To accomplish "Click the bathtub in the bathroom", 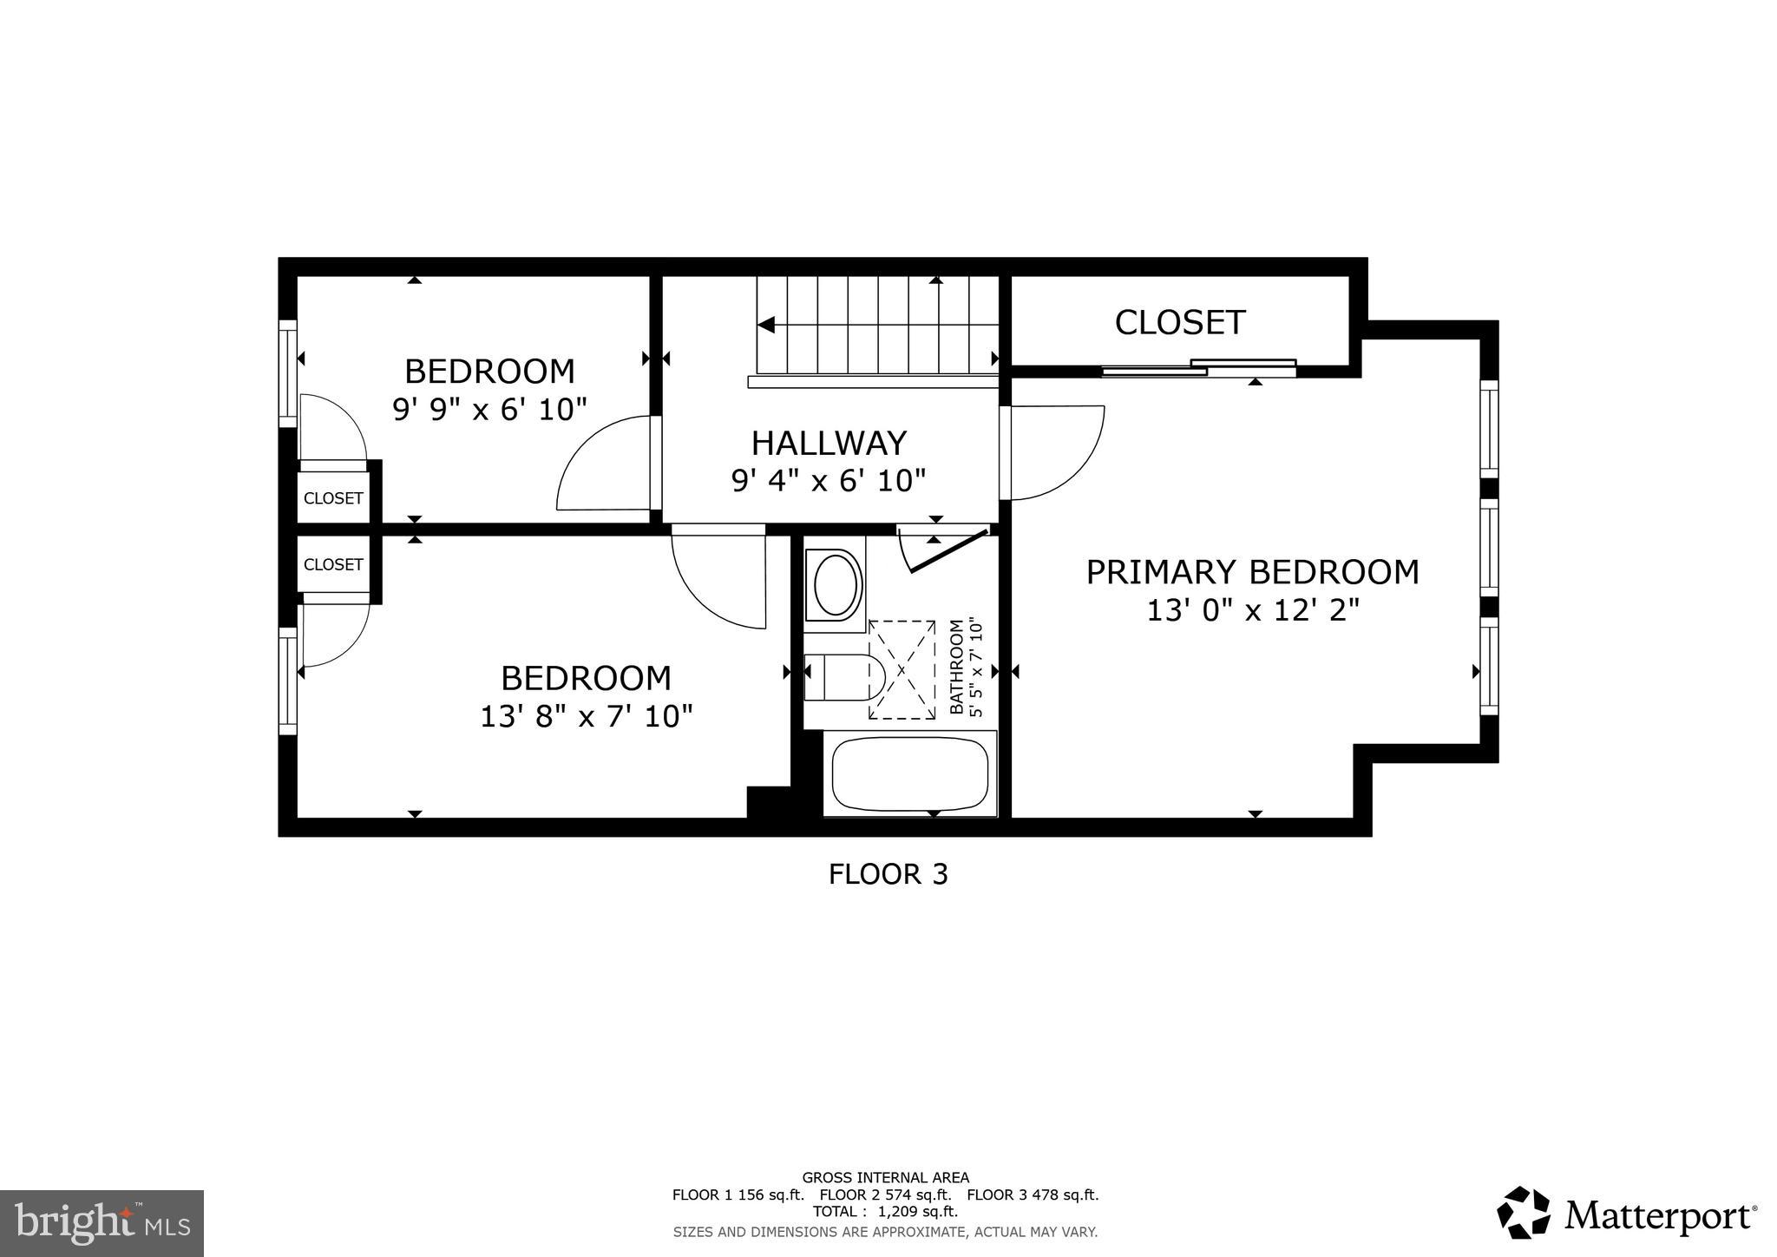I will click(909, 773).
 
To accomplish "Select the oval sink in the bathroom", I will click(835, 584).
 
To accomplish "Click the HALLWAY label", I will click(829, 444).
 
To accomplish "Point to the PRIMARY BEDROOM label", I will click(1252, 572).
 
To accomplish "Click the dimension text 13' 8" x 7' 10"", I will click(587, 716).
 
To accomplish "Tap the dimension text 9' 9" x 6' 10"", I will click(490, 409).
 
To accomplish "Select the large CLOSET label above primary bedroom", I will click(1180, 323).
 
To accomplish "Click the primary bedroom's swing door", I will click(1053, 452).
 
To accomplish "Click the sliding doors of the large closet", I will click(1199, 367).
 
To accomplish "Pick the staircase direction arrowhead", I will click(765, 325).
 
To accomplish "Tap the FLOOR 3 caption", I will click(888, 874).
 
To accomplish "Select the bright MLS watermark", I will click(102, 1224).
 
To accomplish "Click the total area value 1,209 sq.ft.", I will click(917, 1212).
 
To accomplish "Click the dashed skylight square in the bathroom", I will click(902, 669).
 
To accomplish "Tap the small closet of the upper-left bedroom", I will click(333, 498).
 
